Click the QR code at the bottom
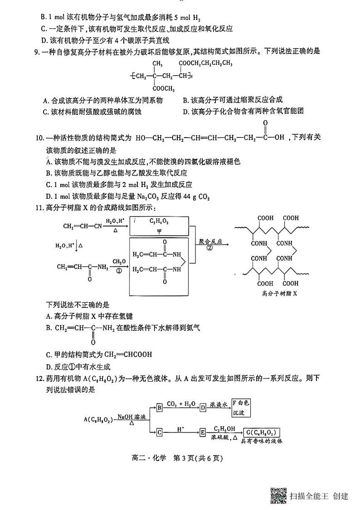pyautogui.click(x=278, y=495)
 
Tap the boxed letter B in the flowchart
pyautogui.click(x=159, y=407)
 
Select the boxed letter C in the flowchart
pyautogui.click(x=159, y=432)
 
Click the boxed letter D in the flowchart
pyautogui.click(x=203, y=407)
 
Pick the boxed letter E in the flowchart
pyautogui.click(x=203, y=432)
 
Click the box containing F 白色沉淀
pyautogui.click(x=240, y=407)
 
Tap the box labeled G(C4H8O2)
pyautogui.click(x=260, y=432)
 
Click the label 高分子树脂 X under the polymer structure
pyautogui.click(x=279, y=293)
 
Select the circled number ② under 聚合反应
pyautogui.click(x=209, y=248)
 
